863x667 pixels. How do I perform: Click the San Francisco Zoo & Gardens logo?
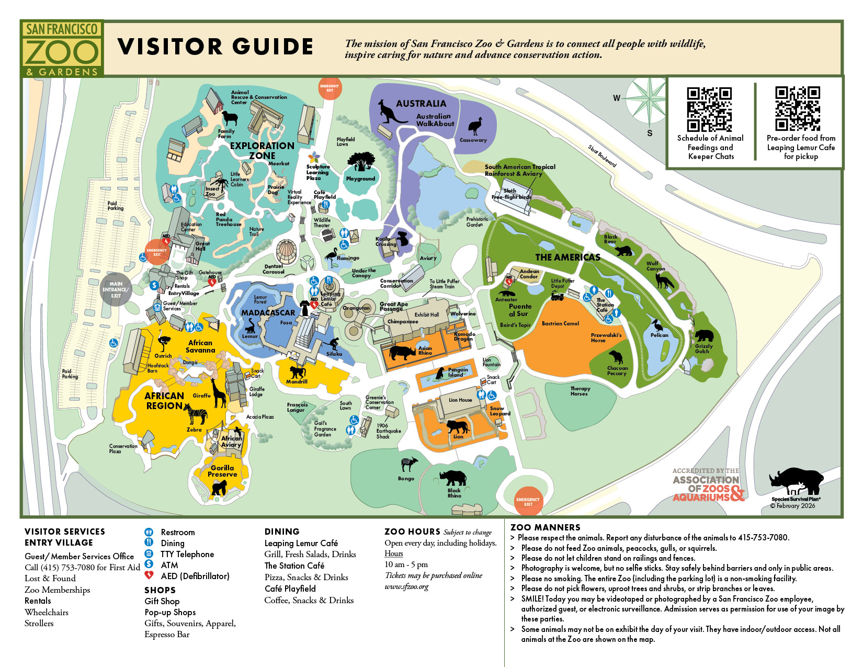coord(62,49)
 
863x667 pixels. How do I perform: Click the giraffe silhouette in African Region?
coord(219,392)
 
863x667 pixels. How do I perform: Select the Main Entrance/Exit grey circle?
coord(116,289)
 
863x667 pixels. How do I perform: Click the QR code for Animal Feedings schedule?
coord(709,109)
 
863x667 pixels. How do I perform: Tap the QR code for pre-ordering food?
coord(797,108)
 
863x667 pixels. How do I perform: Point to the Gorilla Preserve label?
coord(222,471)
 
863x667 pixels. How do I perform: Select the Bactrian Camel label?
coord(560,323)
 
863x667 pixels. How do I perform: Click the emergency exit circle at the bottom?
coord(528,502)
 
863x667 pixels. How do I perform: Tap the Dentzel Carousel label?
coord(274,269)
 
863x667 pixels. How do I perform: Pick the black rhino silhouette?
coord(453,478)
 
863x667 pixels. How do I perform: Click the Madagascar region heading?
coord(268,312)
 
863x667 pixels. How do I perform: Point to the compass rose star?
coord(649,98)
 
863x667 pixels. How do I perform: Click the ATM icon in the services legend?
coord(149,564)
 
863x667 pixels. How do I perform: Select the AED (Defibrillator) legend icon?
coord(149,575)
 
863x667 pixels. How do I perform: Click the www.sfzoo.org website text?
coord(406,586)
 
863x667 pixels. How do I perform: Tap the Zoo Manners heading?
coord(545,527)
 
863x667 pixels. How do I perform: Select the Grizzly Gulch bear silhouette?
coord(703,335)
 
